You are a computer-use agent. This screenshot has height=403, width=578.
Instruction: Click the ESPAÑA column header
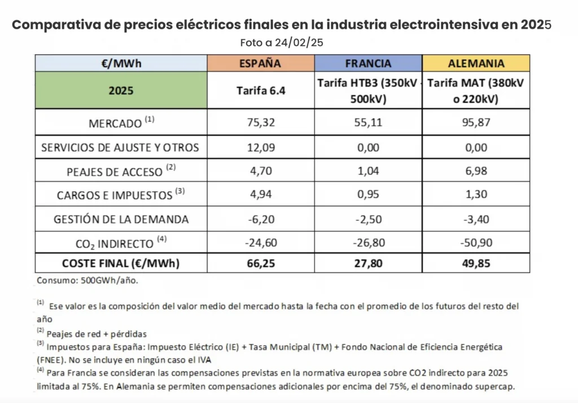[260, 63]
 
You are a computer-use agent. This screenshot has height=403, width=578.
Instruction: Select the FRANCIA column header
[368, 63]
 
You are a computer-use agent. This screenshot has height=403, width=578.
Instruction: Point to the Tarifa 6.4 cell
[260, 90]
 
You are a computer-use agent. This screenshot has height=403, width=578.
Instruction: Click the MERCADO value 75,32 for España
[260, 122]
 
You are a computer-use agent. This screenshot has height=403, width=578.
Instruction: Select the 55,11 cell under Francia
[368, 122]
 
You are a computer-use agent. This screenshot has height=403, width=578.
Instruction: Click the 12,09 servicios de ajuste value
[260, 147]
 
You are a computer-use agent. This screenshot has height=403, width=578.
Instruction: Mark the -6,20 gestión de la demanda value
[260, 219]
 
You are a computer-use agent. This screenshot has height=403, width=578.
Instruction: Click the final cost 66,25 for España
[260, 264]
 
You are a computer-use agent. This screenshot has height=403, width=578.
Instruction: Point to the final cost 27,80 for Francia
[368, 264]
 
